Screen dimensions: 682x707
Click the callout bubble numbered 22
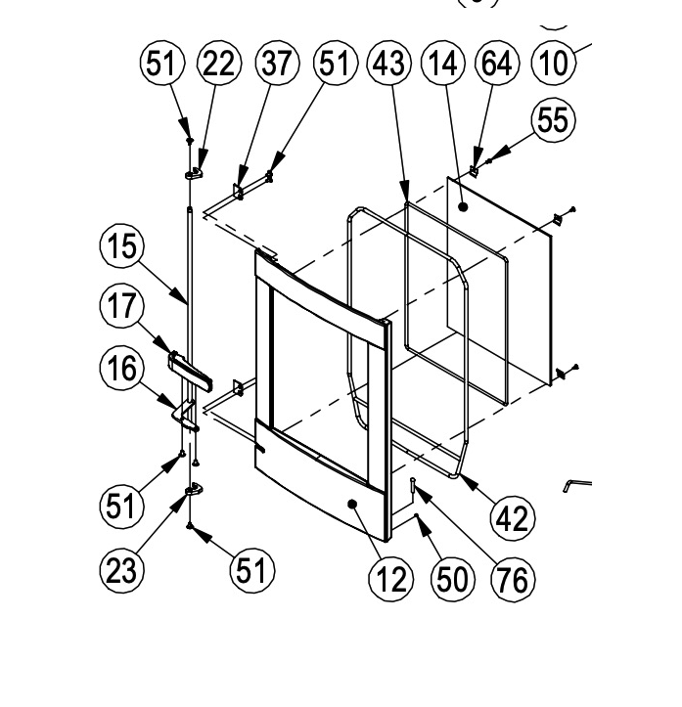tap(219, 64)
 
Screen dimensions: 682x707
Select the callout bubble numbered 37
tap(277, 64)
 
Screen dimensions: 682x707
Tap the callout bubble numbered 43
tap(389, 64)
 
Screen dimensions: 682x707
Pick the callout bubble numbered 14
tap(443, 64)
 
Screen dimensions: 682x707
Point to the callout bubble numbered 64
tap(497, 64)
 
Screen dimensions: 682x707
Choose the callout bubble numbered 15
tap(121, 246)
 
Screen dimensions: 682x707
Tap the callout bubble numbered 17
tap(121, 306)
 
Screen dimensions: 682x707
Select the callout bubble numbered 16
tap(121, 368)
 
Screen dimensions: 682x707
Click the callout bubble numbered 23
tap(121, 570)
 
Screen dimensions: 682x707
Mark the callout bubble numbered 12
tap(390, 579)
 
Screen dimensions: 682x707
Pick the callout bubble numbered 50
tap(452, 579)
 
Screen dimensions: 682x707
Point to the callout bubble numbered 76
tap(514, 579)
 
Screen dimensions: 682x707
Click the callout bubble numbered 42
tap(513, 517)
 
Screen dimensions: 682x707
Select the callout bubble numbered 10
tap(554, 64)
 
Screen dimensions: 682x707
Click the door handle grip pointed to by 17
tap(191, 371)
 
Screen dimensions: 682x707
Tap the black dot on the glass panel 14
tap(463, 207)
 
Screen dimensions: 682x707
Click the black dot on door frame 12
tap(352, 504)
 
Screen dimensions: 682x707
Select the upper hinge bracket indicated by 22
tap(194, 173)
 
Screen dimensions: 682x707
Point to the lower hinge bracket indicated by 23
tap(194, 490)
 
